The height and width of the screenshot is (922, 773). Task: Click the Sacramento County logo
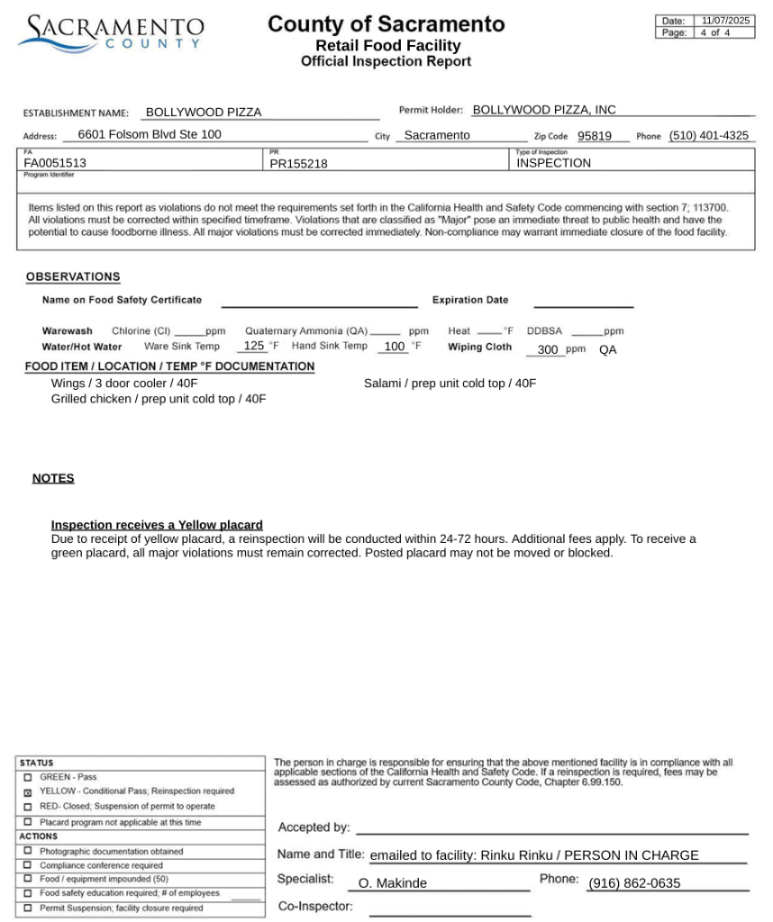(111, 33)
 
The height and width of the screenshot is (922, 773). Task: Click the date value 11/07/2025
(725, 21)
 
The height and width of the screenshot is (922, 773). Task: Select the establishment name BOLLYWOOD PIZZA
(204, 113)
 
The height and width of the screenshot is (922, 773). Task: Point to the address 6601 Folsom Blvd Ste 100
(150, 135)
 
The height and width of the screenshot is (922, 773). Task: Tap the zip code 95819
(595, 136)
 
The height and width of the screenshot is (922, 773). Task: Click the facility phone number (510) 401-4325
(708, 136)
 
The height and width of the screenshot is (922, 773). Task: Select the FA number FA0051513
(55, 164)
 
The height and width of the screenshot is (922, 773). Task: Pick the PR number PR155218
(299, 164)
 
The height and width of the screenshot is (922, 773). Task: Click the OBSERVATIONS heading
(73, 276)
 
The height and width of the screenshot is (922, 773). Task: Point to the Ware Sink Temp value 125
(254, 346)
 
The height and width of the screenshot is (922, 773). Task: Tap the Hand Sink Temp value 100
(395, 347)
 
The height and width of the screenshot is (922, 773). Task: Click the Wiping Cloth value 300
(548, 350)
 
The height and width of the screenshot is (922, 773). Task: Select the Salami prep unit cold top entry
(450, 384)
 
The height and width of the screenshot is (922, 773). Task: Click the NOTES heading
(53, 478)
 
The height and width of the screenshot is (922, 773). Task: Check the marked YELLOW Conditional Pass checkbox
(28, 792)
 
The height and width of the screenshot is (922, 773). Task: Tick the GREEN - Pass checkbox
(28, 777)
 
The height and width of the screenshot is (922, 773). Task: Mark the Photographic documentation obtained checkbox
(28, 851)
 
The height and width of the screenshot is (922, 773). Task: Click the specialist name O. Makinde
(393, 883)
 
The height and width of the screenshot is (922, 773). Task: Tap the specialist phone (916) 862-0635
(634, 883)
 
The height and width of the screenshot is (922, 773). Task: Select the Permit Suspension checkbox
(28, 908)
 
